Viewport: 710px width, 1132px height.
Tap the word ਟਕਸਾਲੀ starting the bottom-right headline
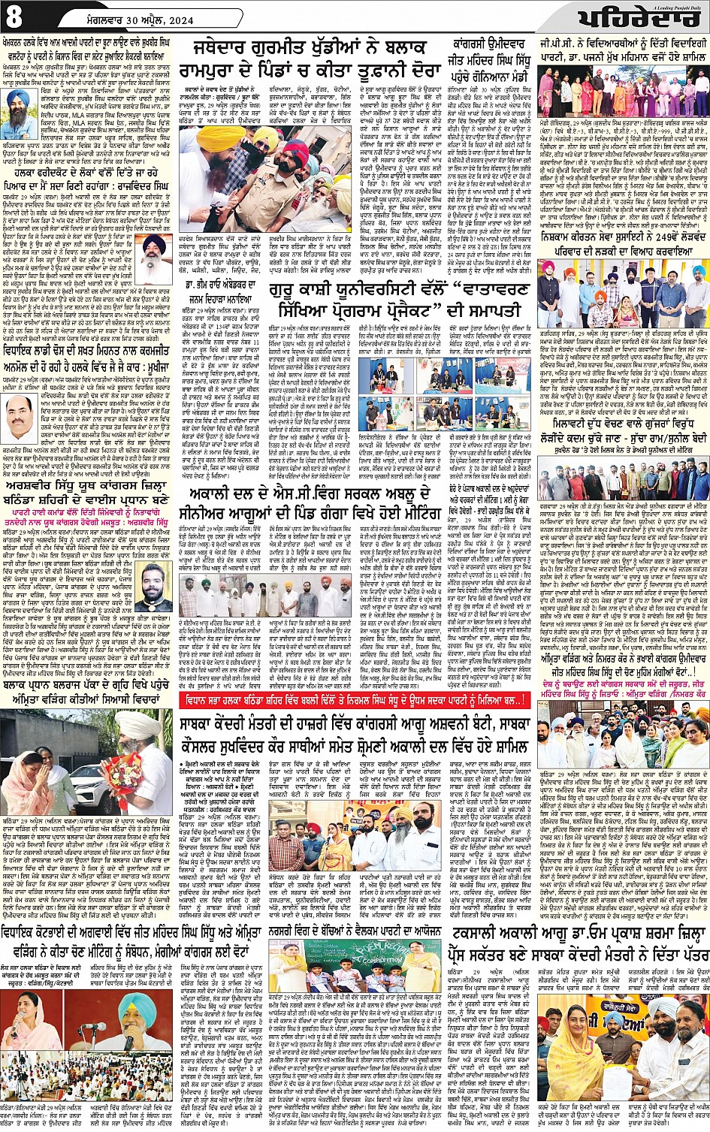(x=491, y=933)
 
